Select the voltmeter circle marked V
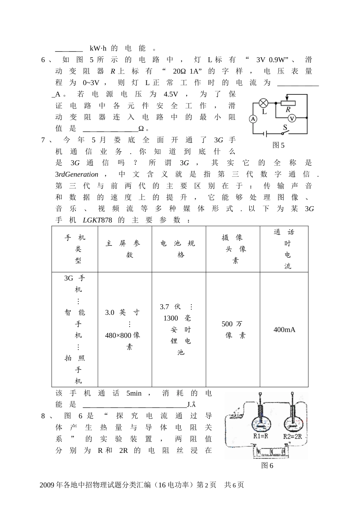292,119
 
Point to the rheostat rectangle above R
288,103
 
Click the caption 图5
279,145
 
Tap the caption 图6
267,465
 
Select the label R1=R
261,436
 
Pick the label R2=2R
292,436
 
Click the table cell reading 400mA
284,330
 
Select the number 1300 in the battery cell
171,318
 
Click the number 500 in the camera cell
227,324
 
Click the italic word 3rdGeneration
77,174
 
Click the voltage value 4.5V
171,94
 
